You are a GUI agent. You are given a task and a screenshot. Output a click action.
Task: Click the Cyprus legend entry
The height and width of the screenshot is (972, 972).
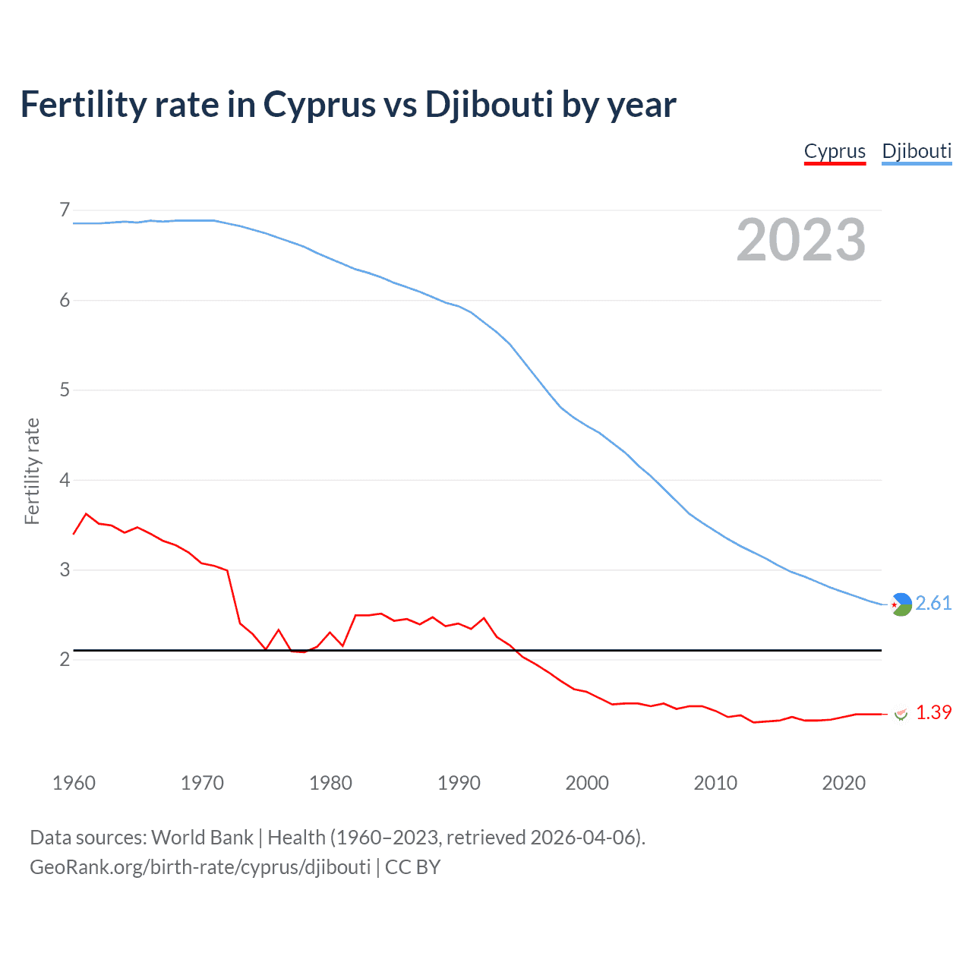(835, 151)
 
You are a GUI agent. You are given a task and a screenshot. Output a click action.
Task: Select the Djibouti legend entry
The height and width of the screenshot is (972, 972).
(917, 151)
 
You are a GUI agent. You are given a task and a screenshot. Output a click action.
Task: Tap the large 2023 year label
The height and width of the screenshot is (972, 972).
(801, 240)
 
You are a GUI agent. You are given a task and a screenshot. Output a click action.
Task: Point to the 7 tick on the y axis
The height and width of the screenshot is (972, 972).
(65, 210)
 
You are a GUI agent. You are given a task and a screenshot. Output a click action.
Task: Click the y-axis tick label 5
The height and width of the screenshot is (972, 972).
(65, 390)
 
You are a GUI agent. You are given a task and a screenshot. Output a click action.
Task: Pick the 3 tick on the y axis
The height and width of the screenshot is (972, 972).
(65, 570)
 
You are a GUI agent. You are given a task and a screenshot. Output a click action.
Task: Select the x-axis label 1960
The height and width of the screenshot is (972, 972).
(74, 783)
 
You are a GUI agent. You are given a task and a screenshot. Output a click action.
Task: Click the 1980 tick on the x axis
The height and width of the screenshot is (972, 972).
(330, 783)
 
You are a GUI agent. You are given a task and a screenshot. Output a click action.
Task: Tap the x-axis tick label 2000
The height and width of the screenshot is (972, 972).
(587, 783)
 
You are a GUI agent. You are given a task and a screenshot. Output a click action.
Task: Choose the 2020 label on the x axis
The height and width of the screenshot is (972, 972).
(844, 783)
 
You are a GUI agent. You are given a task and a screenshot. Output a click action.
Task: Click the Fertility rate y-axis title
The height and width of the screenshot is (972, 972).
(32, 471)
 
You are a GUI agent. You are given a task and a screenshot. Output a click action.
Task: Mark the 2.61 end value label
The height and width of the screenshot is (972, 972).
(933, 603)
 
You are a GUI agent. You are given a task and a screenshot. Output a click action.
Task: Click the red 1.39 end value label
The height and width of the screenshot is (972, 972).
(933, 712)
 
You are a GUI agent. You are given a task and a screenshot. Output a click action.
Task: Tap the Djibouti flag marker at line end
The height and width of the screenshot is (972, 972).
(901, 604)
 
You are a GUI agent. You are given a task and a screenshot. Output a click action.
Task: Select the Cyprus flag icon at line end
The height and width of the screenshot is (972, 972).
(901, 714)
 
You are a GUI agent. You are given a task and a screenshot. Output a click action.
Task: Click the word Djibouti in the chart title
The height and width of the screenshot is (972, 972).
(489, 105)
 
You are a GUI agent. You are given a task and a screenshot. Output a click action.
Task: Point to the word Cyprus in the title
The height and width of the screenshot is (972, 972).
(319, 105)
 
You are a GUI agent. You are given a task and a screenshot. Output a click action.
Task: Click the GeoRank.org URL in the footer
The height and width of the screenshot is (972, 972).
(200, 867)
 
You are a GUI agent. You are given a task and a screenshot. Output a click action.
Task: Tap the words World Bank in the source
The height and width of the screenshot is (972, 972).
(202, 838)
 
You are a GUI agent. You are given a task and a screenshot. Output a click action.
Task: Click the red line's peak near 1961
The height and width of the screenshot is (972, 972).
(87, 514)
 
